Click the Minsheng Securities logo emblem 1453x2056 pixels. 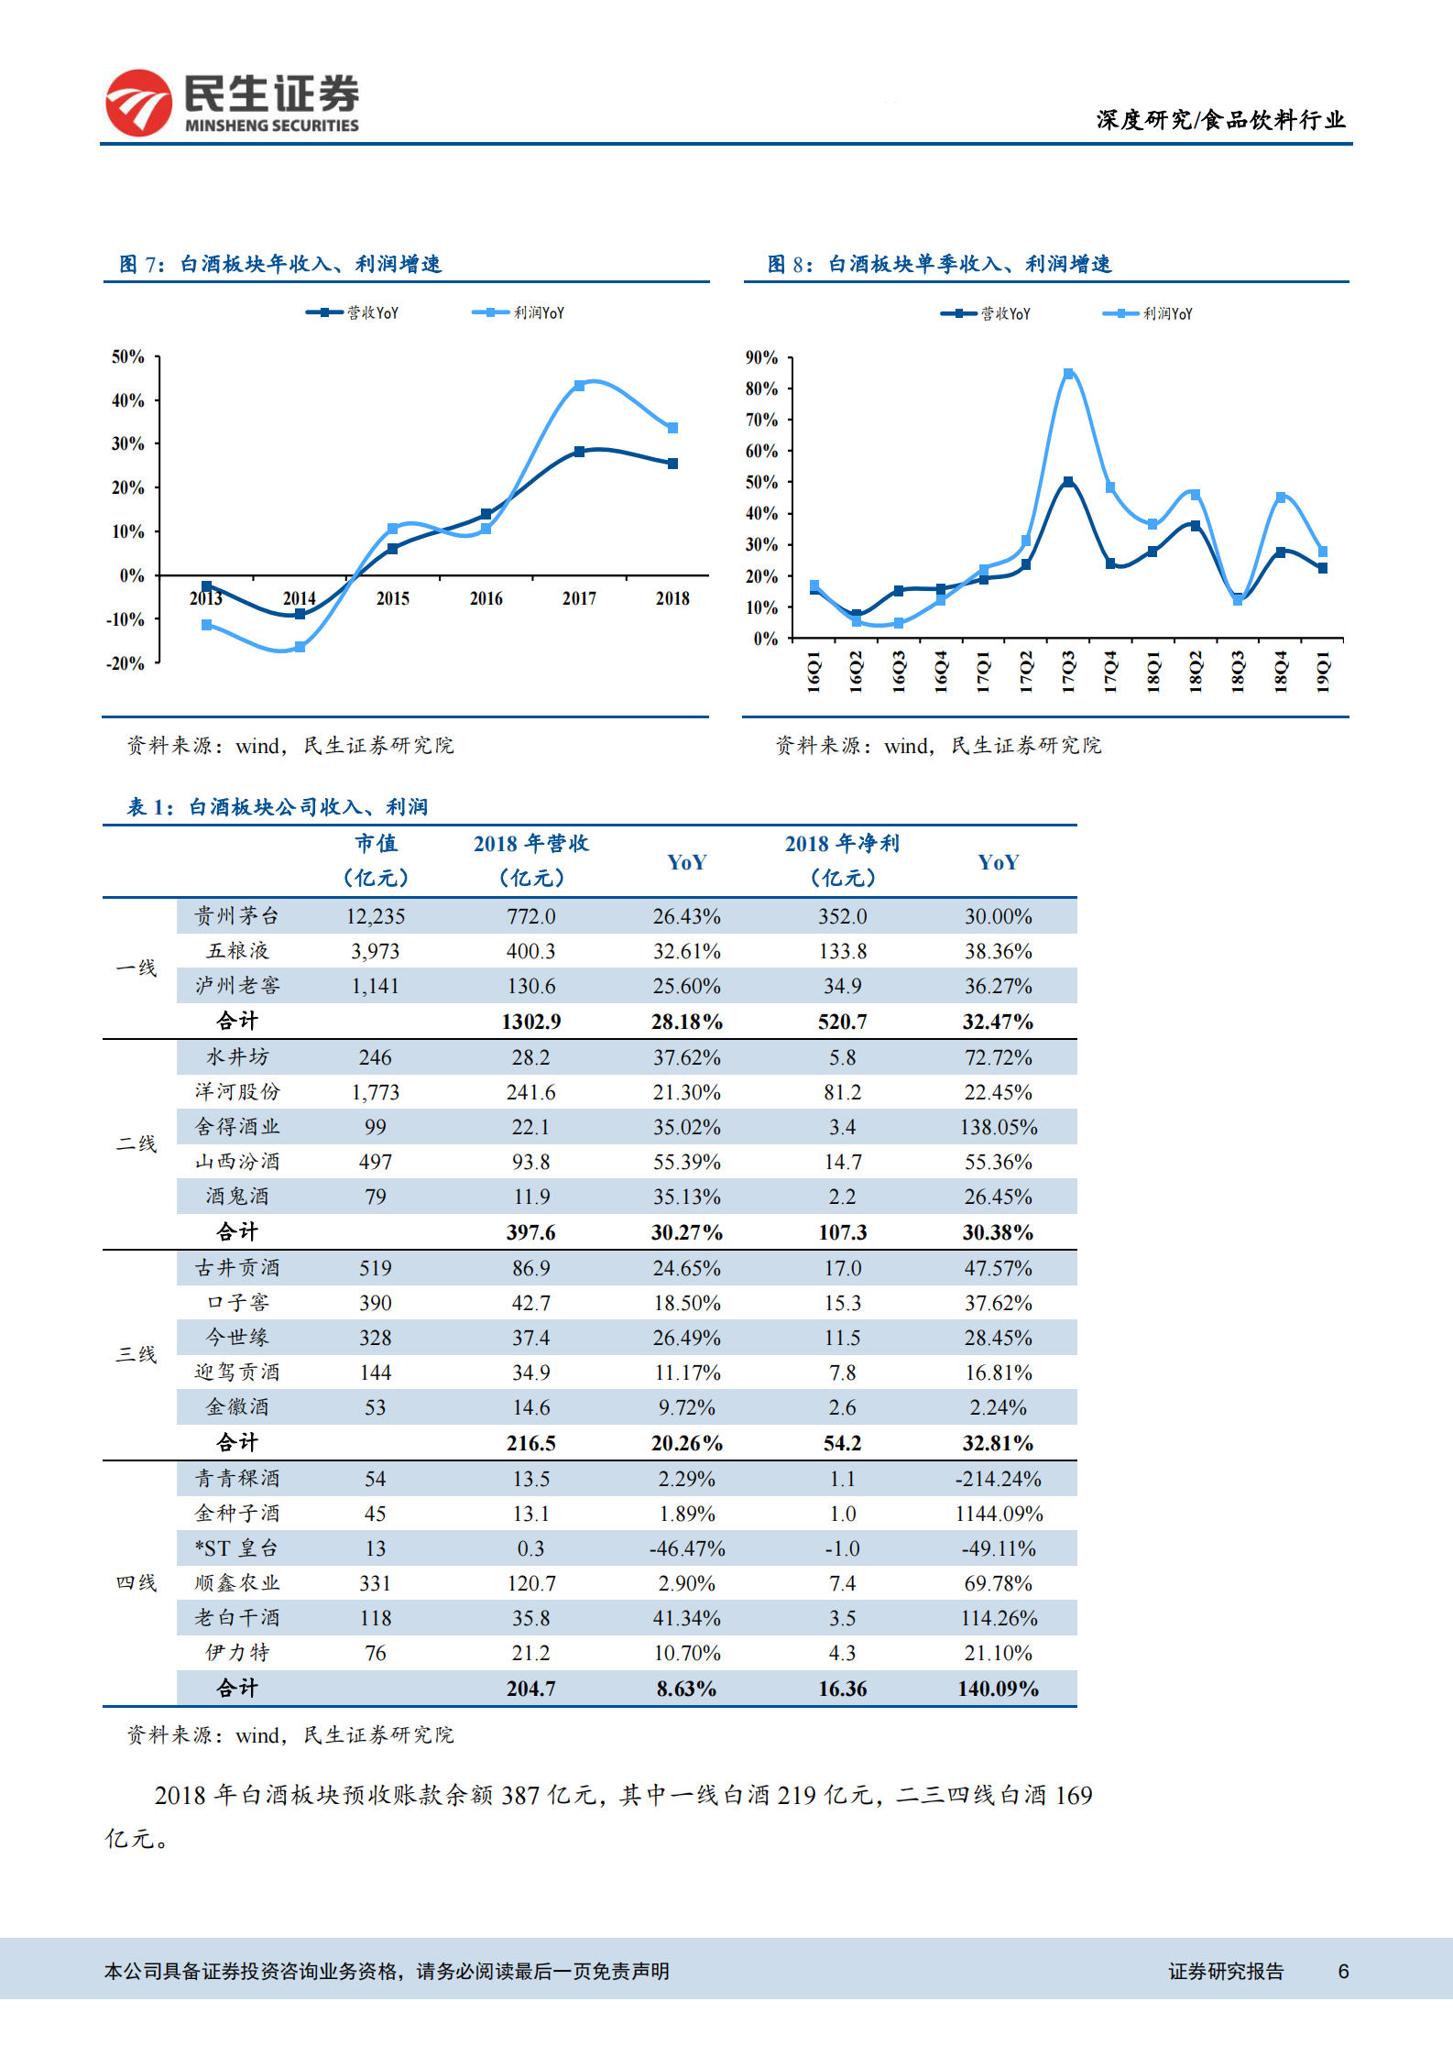click(138, 103)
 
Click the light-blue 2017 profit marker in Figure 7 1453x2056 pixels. click(579, 386)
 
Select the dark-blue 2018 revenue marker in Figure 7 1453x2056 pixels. click(672, 464)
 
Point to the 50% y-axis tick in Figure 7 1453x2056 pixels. click(128, 356)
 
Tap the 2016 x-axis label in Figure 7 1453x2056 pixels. click(486, 598)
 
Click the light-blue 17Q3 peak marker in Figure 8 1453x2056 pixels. click(1068, 374)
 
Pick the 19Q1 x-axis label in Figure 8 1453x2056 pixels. click(1323, 672)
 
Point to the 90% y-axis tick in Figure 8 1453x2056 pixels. click(761, 357)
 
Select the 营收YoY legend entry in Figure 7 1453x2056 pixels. click(353, 312)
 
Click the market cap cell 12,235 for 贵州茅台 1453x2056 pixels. click(376, 916)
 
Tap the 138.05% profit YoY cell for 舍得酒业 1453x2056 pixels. click(998, 1127)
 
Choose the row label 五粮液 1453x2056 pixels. click(237, 951)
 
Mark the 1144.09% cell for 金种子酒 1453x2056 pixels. click(998, 1514)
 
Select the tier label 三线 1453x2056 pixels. click(137, 1354)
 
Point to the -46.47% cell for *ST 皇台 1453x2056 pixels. click(686, 1548)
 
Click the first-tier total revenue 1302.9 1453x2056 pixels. click(530, 1022)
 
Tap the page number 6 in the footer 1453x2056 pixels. click(1343, 1971)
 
